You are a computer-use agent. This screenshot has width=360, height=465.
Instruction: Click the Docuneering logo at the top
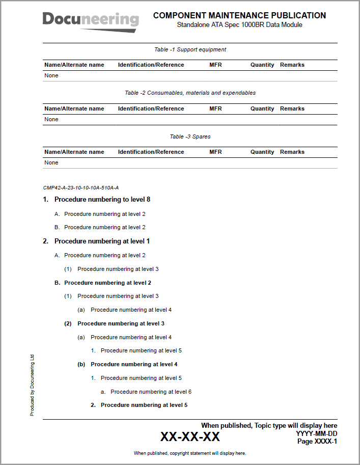(x=91, y=21)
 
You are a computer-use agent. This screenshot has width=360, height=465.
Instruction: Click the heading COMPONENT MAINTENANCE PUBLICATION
(x=239, y=16)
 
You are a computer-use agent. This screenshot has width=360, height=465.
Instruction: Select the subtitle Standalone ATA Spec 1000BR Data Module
(x=239, y=25)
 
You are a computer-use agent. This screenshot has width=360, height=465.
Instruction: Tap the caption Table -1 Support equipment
(x=190, y=49)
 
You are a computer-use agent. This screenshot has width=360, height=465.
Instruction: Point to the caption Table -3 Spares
(x=190, y=136)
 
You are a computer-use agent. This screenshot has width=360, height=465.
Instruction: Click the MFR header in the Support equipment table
(x=215, y=65)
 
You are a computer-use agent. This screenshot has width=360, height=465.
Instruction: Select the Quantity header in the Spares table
(x=262, y=152)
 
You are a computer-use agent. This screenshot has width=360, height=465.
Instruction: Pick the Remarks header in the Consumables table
(x=292, y=108)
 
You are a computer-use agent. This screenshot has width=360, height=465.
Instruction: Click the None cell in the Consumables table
(x=51, y=119)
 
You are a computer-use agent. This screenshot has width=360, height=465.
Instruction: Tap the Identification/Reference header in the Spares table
(x=151, y=152)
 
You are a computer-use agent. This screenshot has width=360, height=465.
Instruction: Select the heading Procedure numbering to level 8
(x=102, y=199)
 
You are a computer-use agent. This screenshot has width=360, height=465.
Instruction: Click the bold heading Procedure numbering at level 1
(x=102, y=241)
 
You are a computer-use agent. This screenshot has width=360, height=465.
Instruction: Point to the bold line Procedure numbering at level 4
(x=134, y=364)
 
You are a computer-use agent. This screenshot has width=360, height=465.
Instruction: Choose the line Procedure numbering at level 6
(x=151, y=392)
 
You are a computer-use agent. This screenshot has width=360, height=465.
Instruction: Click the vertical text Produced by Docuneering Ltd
(x=32, y=385)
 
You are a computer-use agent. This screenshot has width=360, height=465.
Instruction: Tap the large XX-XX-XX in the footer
(x=190, y=436)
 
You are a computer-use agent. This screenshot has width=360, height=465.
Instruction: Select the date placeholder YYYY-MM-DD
(x=316, y=434)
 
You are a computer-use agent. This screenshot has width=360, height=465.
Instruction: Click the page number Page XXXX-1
(x=317, y=442)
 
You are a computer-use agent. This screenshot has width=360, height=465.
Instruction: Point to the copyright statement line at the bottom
(x=190, y=453)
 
